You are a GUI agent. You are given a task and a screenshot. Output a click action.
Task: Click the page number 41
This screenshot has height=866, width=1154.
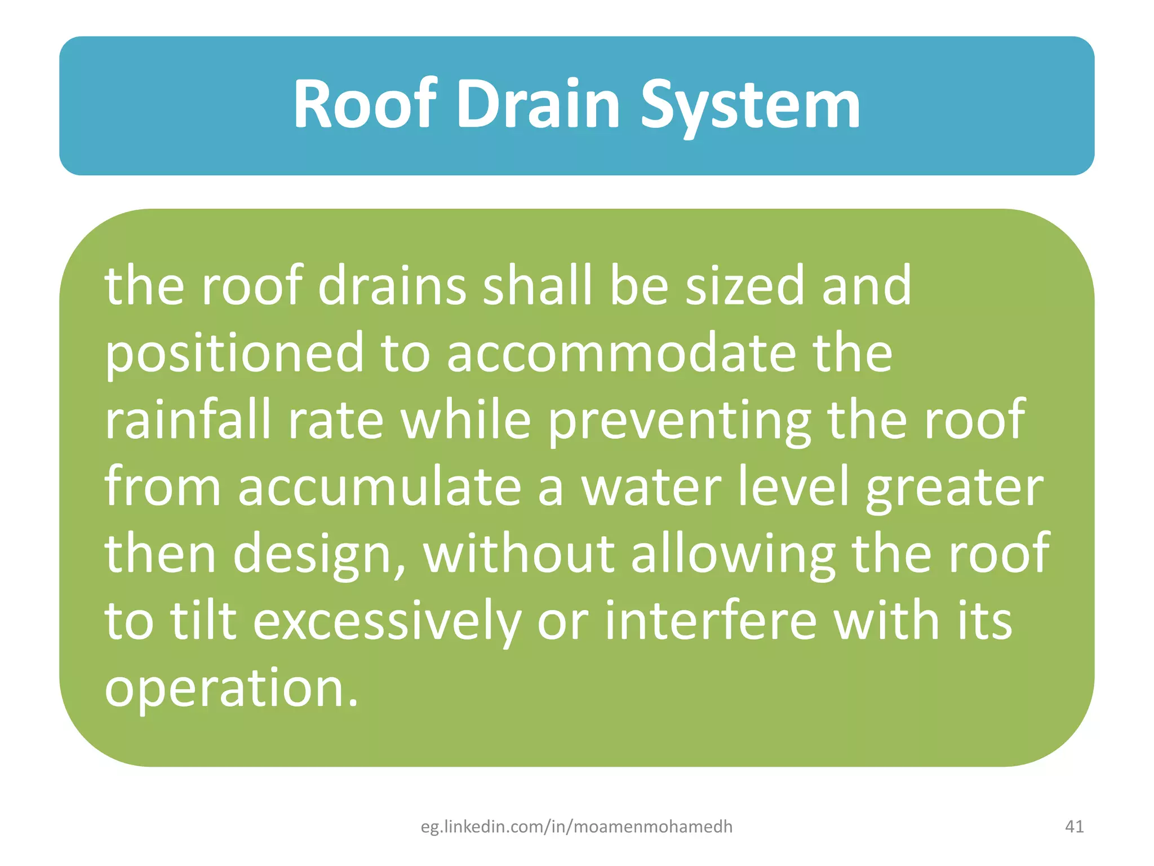coord(1075,827)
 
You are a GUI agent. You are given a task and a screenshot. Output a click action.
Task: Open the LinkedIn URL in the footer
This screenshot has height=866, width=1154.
coord(576,827)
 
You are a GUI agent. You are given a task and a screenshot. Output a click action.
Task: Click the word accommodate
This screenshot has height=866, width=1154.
coord(622,353)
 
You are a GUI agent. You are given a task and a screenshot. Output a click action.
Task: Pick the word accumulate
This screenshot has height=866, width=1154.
coord(379,487)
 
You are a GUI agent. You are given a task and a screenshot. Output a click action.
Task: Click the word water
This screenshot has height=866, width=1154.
coord(651,487)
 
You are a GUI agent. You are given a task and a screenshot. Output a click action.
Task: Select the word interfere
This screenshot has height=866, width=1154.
coord(711,620)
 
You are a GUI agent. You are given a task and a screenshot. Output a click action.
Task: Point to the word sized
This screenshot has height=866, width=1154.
coord(744,286)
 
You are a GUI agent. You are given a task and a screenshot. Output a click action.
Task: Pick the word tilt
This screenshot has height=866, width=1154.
coord(203,620)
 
